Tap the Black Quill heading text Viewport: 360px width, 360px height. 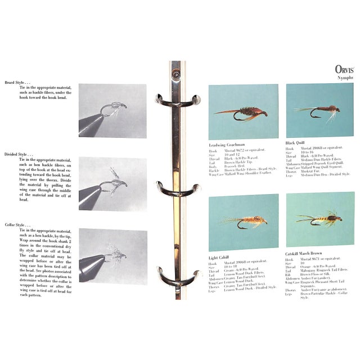(299, 143)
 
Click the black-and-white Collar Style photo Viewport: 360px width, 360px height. (112, 254)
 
